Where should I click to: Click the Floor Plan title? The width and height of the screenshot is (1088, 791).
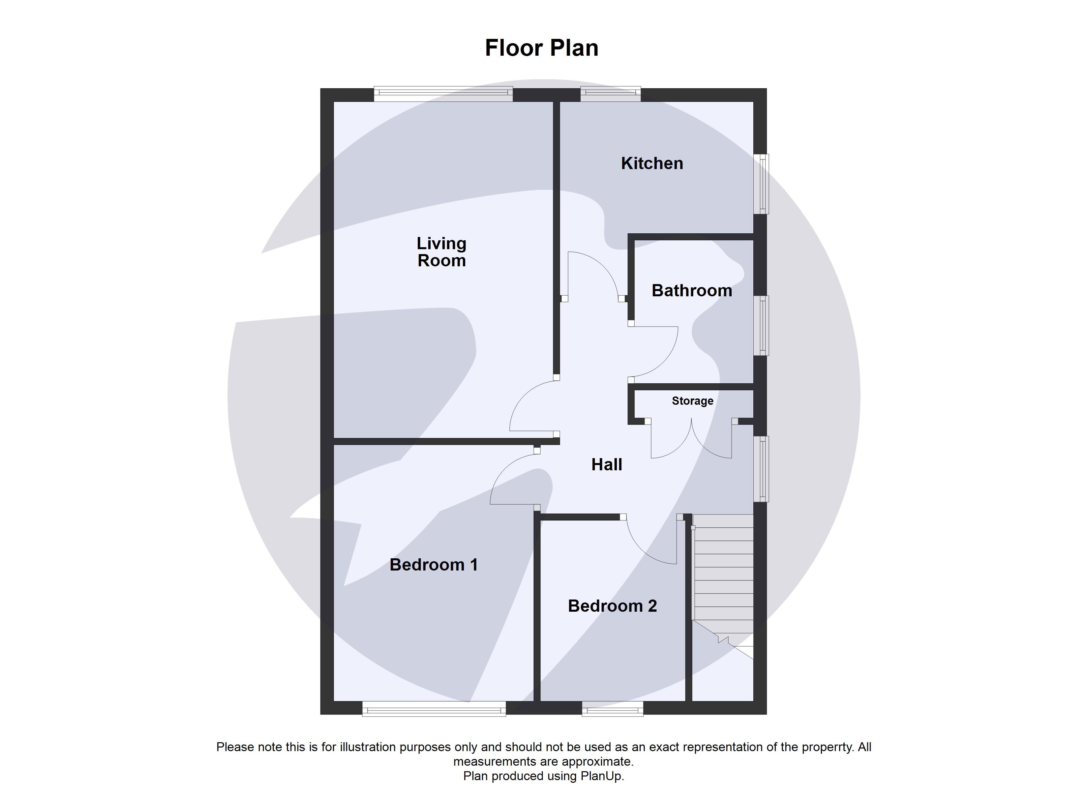(x=542, y=48)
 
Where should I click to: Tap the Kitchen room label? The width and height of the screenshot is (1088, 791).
(x=652, y=163)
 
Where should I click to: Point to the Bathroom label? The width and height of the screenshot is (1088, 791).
(x=692, y=291)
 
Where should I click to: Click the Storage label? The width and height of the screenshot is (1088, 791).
(x=692, y=401)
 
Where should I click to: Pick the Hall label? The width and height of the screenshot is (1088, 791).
(x=606, y=464)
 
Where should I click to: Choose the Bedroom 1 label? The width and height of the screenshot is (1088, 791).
(x=434, y=565)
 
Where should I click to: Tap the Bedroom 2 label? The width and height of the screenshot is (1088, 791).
(x=612, y=606)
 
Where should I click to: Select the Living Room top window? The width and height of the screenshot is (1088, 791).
(x=443, y=94)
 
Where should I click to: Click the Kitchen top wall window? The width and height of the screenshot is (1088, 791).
(x=610, y=94)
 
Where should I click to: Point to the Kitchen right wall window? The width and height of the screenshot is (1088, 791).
(x=761, y=184)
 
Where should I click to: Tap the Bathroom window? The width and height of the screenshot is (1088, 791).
(x=761, y=326)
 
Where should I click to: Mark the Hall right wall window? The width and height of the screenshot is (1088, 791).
(x=761, y=469)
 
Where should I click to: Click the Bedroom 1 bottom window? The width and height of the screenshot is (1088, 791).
(x=434, y=709)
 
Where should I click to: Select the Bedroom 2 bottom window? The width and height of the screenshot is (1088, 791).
(x=612, y=709)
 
